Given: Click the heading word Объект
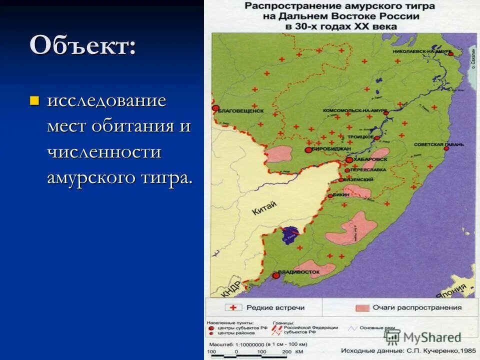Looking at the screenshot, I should pos(82,46).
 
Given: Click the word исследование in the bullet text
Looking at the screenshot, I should pos(106,101).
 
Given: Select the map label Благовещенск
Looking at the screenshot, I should pos(241,111).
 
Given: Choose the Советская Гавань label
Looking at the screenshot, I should pos(438,144).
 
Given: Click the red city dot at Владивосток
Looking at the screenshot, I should pos(275,275).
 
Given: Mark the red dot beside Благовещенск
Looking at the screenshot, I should pos(215,108).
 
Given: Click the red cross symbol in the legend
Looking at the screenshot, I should pos(233,308).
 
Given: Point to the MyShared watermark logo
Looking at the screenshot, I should pos(423,337).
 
